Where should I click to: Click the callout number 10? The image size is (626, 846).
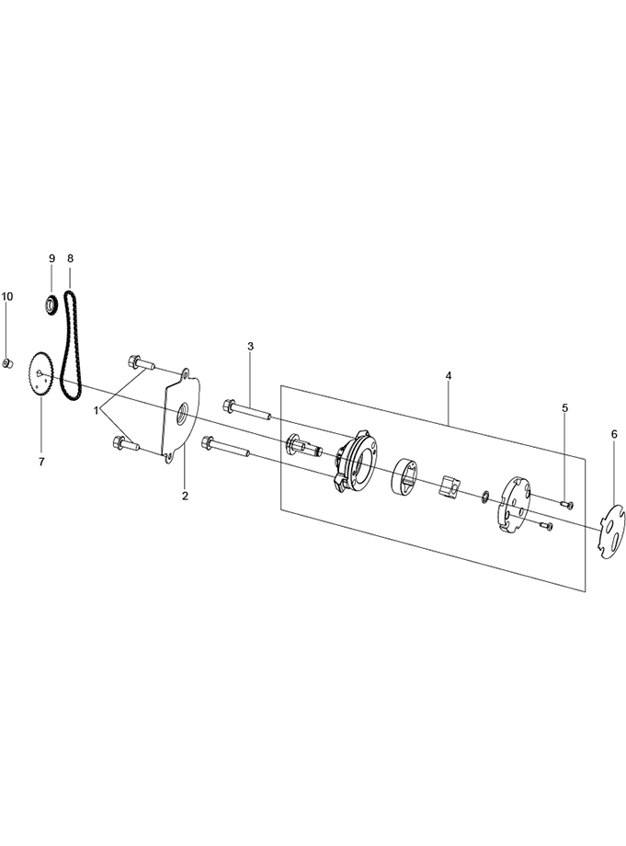7,296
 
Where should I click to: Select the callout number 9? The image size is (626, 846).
51,257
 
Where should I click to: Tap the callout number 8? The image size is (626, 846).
70,257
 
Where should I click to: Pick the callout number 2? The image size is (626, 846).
185,496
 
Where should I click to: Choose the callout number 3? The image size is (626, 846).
250,346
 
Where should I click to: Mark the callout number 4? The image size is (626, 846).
449,374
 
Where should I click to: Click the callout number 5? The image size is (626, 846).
564,408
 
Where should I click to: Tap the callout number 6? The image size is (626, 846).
614,434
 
